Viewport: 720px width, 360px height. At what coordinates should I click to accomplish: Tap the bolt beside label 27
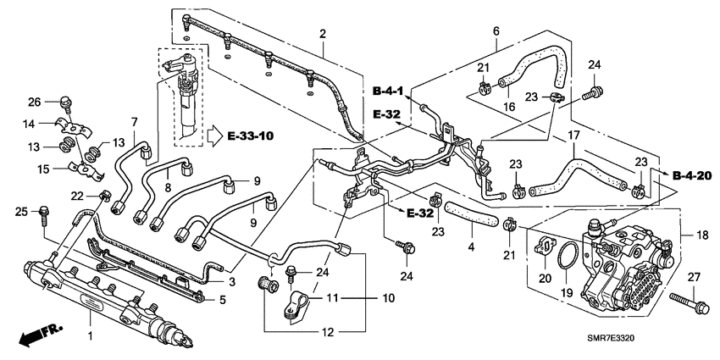click(x=687, y=299)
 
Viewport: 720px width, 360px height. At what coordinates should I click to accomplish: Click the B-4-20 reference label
click(x=690, y=175)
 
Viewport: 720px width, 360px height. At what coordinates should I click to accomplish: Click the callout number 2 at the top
click(x=322, y=34)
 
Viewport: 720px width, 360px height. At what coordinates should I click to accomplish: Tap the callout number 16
click(x=511, y=108)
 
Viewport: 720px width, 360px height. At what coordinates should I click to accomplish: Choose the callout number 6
click(x=496, y=31)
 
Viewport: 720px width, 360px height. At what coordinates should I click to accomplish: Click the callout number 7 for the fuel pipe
click(x=134, y=121)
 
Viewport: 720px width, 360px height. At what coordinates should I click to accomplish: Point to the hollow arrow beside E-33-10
click(x=217, y=134)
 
